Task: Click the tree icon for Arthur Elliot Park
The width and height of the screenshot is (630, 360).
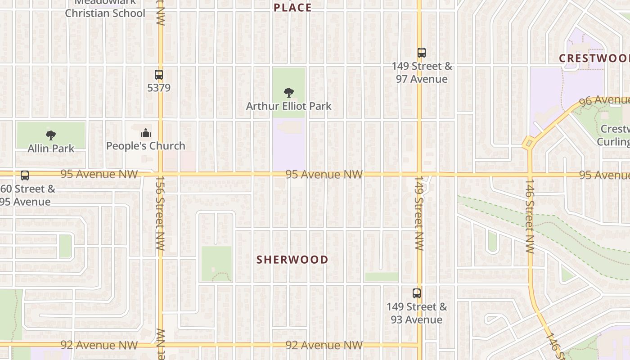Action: pos(289,93)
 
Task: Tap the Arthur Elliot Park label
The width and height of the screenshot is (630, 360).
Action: pos(289,106)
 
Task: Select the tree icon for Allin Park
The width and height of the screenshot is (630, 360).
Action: pos(51,135)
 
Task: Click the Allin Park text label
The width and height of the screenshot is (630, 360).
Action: pos(51,148)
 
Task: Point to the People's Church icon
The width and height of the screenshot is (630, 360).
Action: pos(145,133)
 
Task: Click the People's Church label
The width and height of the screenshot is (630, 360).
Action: pos(145,146)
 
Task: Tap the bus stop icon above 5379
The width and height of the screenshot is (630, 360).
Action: pos(159,75)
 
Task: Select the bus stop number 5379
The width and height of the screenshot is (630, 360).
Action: pos(159,87)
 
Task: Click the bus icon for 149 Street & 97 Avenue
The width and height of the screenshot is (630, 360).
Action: pos(421,53)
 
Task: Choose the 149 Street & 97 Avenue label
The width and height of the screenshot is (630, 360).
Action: pos(422,72)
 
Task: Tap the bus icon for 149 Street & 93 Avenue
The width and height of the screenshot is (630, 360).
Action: pos(417,293)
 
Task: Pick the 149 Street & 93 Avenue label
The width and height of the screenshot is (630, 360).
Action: pos(417,313)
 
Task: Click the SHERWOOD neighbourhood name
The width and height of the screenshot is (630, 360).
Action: pos(292,260)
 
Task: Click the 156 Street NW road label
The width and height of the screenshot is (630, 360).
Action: pos(160,213)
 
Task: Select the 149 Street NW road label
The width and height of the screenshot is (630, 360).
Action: pos(419,213)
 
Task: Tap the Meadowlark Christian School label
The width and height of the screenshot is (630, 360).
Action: pos(105,9)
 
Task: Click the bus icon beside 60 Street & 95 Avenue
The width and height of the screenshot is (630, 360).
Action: pos(25,175)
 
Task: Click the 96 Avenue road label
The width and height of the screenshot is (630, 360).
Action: pos(604,101)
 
